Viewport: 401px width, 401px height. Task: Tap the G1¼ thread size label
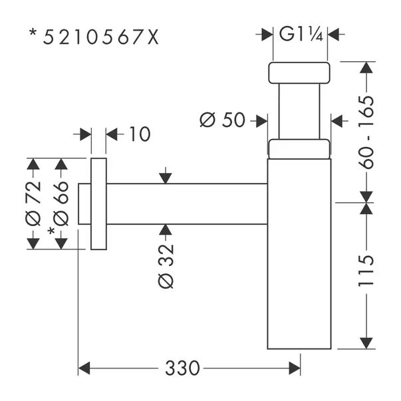(x=301, y=34)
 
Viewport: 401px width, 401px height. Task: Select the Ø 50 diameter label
(x=222, y=120)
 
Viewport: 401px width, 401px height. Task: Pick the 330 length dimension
(x=180, y=366)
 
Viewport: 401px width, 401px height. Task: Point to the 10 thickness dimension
(x=139, y=134)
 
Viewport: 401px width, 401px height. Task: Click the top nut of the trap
(x=299, y=72)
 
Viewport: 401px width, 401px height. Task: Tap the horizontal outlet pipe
(x=186, y=203)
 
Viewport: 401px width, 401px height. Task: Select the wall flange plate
(x=98, y=203)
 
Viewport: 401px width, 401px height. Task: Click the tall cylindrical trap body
(x=299, y=253)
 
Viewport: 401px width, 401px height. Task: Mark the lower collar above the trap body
(x=299, y=149)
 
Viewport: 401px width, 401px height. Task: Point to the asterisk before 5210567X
(x=33, y=33)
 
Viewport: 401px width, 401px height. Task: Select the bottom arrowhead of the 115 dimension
(x=365, y=342)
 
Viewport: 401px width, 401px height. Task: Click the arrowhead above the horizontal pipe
(x=166, y=178)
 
